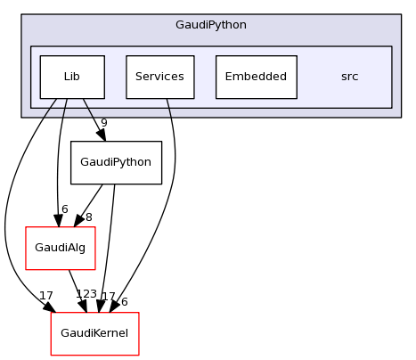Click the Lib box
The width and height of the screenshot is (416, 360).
pyautogui.click(x=71, y=77)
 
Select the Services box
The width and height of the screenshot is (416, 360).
pyautogui.click(x=159, y=77)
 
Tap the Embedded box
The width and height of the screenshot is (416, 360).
pyautogui.click(x=256, y=77)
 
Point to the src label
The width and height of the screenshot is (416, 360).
pyautogui.click(x=349, y=77)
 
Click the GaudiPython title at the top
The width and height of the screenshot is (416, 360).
pyautogui.click(x=211, y=24)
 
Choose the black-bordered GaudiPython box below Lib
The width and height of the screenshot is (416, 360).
pyautogui.click(x=116, y=163)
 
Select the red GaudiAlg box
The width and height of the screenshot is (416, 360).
pyautogui.click(x=60, y=249)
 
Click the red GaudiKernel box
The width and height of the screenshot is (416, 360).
pyautogui.click(x=94, y=333)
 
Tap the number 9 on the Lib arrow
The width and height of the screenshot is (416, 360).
pyautogui.click(x=103, y=123)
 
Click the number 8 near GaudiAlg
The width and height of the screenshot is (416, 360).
pyautogui.click(x=88, y=217)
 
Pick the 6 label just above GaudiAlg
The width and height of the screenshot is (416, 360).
pyautogui.click(x=64, y=209)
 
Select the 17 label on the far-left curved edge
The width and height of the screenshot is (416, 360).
pyautogui.click(x=45, y=295)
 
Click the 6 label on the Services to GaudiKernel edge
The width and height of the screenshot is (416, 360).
pyautogui.click(x=124, y=302)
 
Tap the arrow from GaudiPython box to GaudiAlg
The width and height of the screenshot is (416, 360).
pyautogui.click(x=89, y=206)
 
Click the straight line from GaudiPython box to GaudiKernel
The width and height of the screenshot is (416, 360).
pyautogui.click(x=108, y=250)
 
